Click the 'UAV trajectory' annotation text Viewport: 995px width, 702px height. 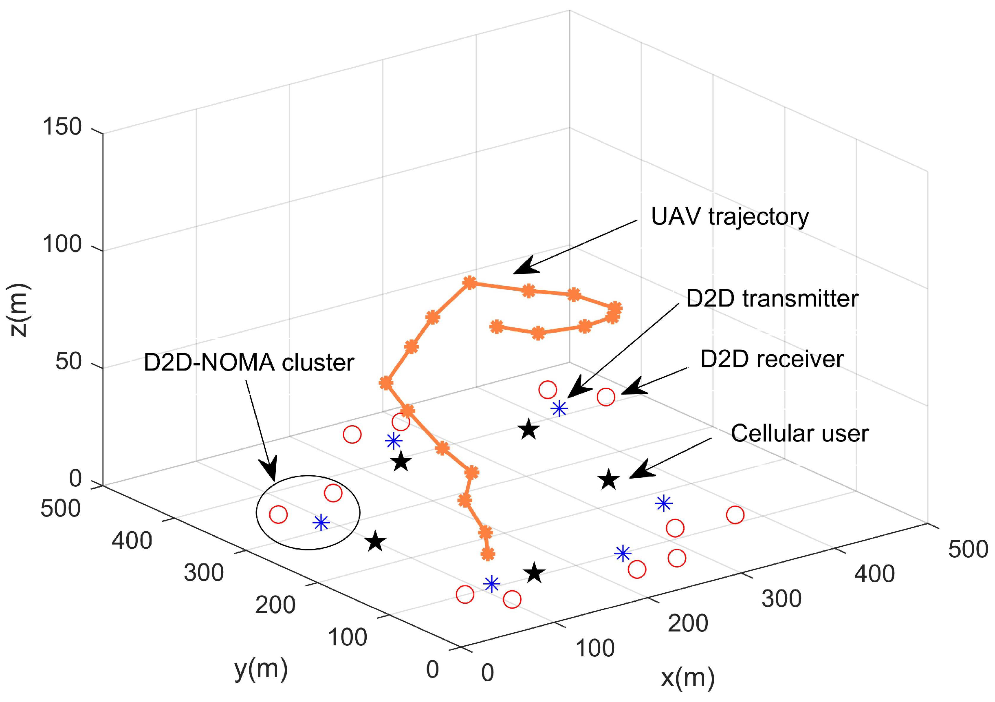click(730, 217)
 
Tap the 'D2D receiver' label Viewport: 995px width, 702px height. click(772, 359)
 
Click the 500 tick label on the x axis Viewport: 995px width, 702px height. click(968, 549)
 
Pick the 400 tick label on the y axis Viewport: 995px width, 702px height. click(132, 541)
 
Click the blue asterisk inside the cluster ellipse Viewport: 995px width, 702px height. click(321, 523)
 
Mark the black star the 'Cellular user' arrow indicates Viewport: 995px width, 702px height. click(609, 479)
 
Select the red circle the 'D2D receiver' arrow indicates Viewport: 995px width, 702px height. click(605, 396)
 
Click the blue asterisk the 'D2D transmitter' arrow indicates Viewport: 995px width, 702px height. click(559, 408)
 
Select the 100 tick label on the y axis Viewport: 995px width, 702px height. click(347, 637)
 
